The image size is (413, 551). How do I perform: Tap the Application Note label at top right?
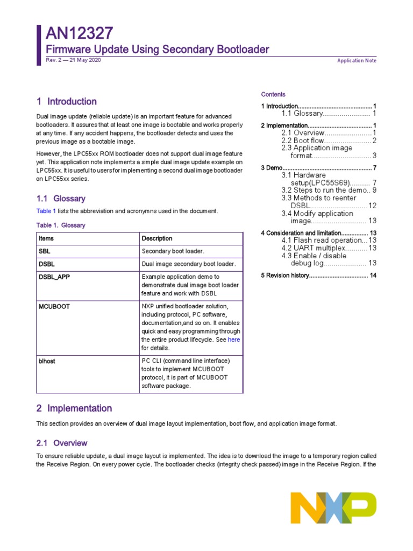(x=357, y=60)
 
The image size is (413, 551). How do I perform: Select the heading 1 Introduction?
(x=67, y=101)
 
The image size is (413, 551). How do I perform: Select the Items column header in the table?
(x=46, y=238)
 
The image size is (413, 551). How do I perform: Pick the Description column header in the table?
(x=157, y=238)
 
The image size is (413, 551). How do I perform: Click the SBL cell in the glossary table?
(x=44, y=251)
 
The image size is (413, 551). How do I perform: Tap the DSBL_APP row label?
(x=54, y=277)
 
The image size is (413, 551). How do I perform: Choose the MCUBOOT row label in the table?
(x=54, y=306)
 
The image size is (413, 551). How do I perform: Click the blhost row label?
(x=47, y=361)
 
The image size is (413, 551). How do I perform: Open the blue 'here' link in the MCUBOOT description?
(x=234, y=340)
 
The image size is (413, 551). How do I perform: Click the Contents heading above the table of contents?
(x=273, y=94)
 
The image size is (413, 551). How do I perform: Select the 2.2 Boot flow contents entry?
(x=328, y=140)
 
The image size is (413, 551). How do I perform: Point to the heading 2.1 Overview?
(x=61, y=443)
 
